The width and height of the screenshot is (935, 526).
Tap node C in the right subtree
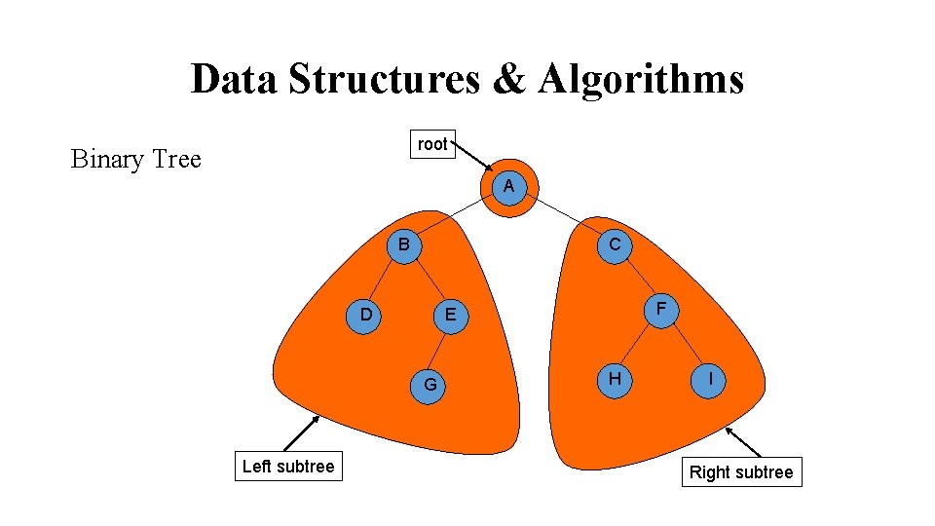(x=615, y=245)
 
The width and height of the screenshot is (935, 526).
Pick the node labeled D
(x=365, y=314)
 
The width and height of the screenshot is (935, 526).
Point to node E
(x=450, y=315)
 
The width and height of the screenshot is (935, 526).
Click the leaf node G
(x=430, y=385)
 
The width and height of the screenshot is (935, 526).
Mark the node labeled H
(x=615, y=378)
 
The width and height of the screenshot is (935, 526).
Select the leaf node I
(x=713, y=379)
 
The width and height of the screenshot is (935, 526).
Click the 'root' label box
(x=431, y=144)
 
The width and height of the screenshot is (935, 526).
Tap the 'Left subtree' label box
(x=287, y=467)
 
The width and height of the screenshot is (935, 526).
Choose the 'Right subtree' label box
(x=741, y=472)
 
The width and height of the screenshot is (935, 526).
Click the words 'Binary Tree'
(x=135, y=159)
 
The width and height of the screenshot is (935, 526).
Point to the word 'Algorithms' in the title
(x=640, y=78)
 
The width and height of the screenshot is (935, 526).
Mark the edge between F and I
(x=687, y=344)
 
